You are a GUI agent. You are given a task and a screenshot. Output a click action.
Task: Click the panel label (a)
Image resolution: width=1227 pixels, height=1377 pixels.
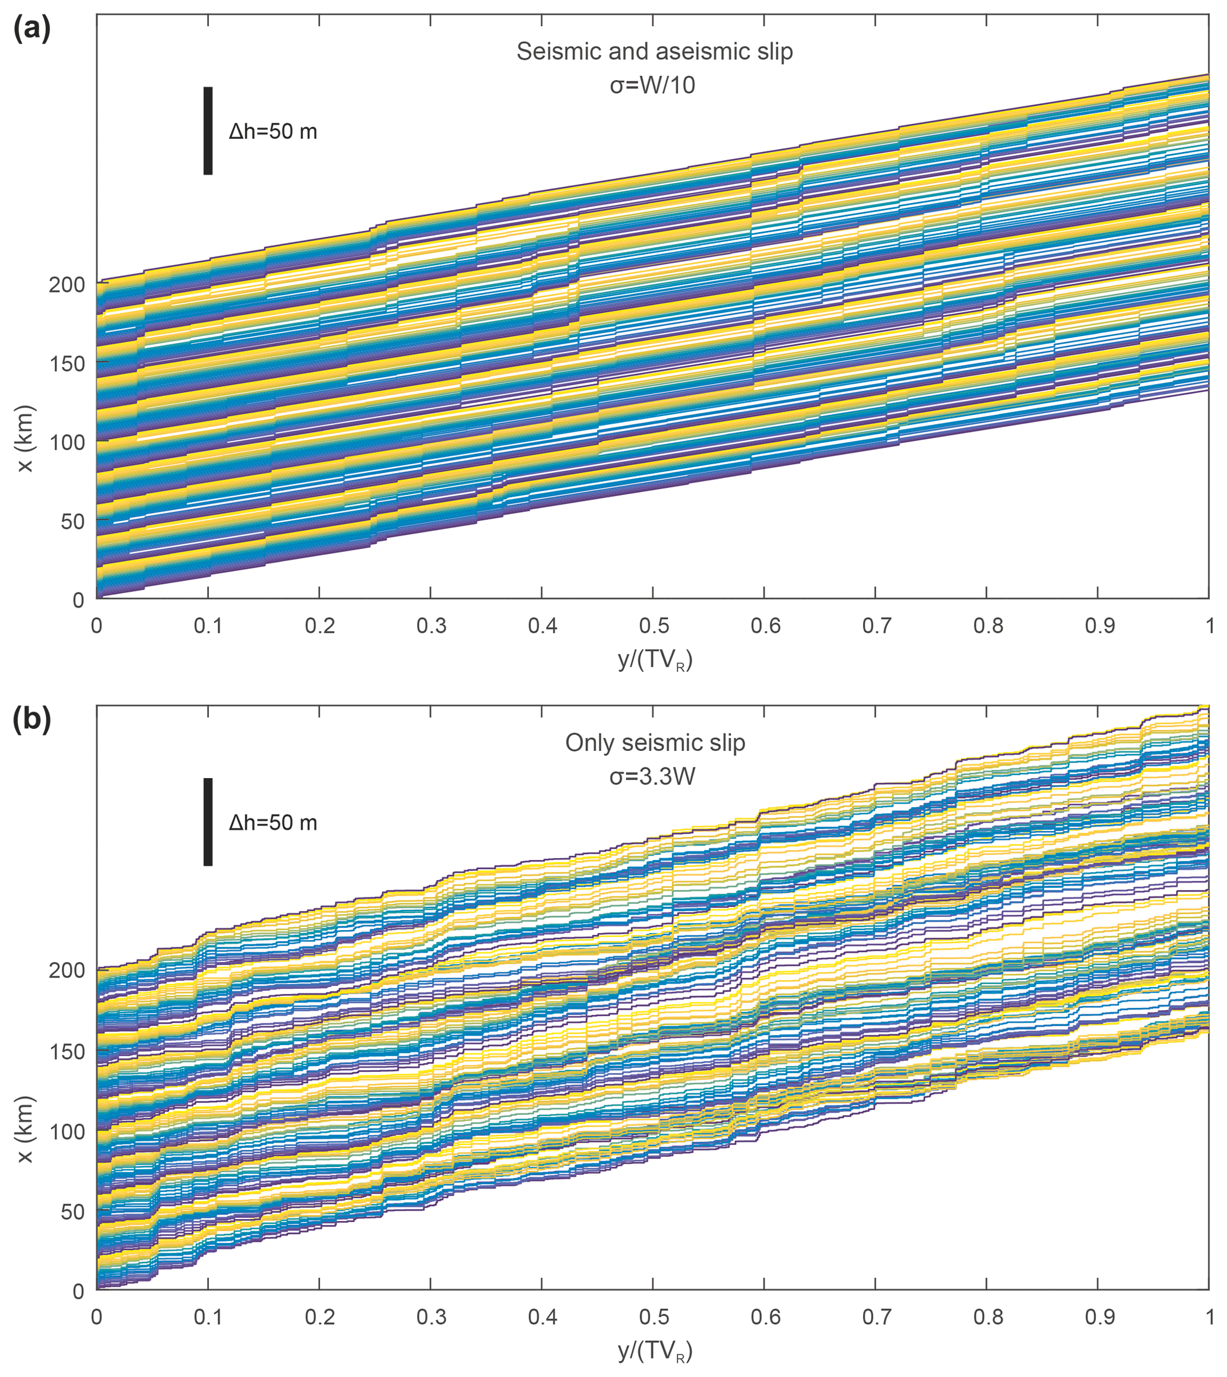click(31, 30)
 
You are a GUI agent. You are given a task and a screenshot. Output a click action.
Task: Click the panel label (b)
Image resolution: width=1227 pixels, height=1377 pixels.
click(31, 721)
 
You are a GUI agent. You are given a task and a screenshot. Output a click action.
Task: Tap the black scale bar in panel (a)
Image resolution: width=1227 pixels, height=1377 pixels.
click(208, 131)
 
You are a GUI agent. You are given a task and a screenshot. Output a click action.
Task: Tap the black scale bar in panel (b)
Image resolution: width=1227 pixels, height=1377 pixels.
click(208, 821)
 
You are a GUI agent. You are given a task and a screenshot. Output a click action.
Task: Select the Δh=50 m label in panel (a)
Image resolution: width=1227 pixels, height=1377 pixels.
click(272, 131)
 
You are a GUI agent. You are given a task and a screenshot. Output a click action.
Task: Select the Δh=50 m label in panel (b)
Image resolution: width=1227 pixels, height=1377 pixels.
click(272, 823)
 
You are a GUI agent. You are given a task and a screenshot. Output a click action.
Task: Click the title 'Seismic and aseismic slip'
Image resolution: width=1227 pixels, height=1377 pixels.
click(654, 52)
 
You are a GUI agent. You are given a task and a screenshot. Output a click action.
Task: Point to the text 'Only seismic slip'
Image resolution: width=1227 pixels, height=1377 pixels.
click(655, 743)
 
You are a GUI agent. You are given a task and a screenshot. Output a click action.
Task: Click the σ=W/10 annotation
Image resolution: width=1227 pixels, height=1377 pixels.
click(652, 85)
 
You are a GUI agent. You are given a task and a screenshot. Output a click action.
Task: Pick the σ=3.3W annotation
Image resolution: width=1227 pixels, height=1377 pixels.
click(652, 776)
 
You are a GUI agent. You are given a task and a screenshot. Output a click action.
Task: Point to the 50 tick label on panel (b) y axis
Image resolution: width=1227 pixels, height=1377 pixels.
click(72, 1212)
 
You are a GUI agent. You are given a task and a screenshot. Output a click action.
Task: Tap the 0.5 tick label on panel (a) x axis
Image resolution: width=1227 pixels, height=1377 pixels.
click(652, 626)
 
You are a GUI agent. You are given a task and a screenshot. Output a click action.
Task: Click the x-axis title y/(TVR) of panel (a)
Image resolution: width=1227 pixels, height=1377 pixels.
click(655, 661)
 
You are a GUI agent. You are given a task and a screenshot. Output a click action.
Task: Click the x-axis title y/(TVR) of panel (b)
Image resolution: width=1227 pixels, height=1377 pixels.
click(655, 1351)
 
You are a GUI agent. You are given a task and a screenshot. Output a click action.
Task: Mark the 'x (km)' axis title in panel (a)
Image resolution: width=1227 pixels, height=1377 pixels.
click(26, 439)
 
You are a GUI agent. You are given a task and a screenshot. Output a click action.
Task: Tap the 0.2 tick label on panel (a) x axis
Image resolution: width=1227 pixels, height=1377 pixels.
click(319, 626)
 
